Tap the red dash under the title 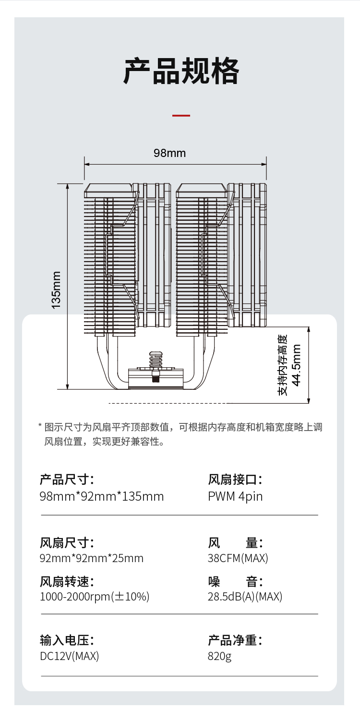pyautogui.click(x=181, y=116)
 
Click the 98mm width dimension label pyautogui.click(x=169, y=153)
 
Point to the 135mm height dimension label pyautogui.click(x=57, y=290)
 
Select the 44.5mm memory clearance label pyautogui.click(x=297, y=365)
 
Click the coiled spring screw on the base pyautogui.click(x=155, y=364)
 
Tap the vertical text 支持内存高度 pyautogui.click(x=283, y=365)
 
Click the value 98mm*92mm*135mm pyautogui.click(x=102, y=496)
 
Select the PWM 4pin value pyautogui.click(x=235, y=496)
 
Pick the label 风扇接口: pyautogui.click(x=235, y=479)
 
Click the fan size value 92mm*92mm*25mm pyautogui.click(x=92, y=558)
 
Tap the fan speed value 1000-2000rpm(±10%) pyautogui.click(x=95, y=597)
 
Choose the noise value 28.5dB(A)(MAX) pyautogui.click(x=245, y=597)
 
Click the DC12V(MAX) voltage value pyautogui.click(x=69, y=656)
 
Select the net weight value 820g pyautogui.click(x=219, y=656)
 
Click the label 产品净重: pyautogui.click(x=235, y=640)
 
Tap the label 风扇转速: pyautogui.click(x=67, y=582)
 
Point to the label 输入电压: pyautogui.click(x=67, y=640)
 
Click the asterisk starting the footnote pyautogui.click(x=40, y=426)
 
